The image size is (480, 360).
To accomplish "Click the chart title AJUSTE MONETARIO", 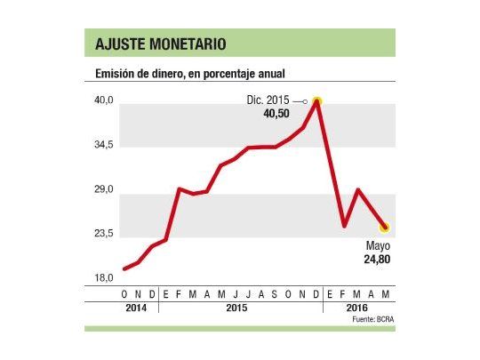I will point(160,44).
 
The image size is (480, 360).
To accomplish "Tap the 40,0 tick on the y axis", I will point(105,100).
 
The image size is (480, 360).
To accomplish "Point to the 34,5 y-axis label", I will point(105,145).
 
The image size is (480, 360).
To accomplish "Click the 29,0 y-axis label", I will point(105,190).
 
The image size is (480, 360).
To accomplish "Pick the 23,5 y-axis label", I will point(105,234).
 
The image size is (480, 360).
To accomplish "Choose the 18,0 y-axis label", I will point(105,278).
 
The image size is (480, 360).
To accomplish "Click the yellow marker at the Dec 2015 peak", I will point(316,102).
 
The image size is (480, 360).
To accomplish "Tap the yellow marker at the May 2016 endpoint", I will point(384,228).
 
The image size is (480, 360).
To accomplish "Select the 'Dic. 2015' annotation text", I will point(268,101).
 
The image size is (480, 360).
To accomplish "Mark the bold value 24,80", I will point(378,260).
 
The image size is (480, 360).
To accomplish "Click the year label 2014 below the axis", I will point(138,308).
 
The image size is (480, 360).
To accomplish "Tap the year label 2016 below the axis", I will point(357,308).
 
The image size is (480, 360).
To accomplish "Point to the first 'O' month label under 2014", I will point(124,293).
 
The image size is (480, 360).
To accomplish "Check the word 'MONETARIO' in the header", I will point(187,44).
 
